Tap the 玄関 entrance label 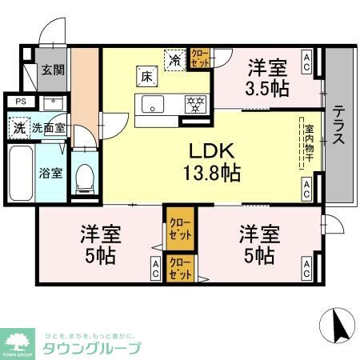pyautogui.click(x=54, y=70)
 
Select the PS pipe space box pyautogui.click(x=21, y=102)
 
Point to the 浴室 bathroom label pyautogui.click(x=52, y=172)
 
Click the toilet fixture pyautogui.click(x=84, y=178)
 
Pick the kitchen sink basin pyautogui.click(x=152, y=104)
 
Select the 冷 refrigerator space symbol pyautogui.click(x=175, y=58)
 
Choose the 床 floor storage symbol pyautogui.click(x=148, y=77)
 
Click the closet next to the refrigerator pyautogui.click(x=198, y=58)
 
